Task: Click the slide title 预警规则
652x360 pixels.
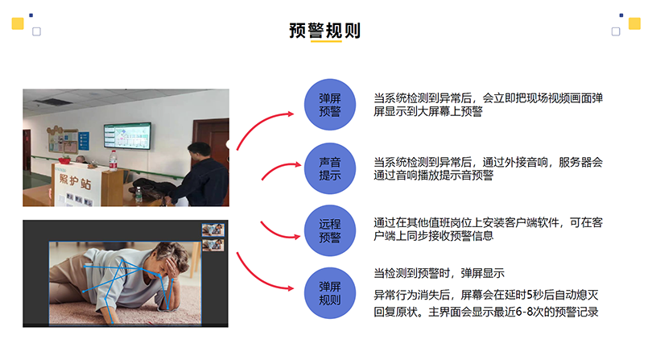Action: [324, 31]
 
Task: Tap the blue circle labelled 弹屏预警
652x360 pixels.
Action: [330, 105]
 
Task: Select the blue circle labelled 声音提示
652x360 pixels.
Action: [330, 168]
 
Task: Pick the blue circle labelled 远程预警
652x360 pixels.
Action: [330, 230]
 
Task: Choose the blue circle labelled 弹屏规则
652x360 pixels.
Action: [330, 293]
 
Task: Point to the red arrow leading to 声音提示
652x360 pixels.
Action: [278, 168]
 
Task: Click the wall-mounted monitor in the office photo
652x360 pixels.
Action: [127, 135]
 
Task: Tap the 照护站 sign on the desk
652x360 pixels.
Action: [75, 181]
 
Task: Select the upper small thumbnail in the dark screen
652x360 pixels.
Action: [213, 230]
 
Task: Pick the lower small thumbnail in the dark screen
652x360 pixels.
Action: [213, 245]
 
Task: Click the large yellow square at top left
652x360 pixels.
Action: [18, 23]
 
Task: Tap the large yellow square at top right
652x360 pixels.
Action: [634, 23]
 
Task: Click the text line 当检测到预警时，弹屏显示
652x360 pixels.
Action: [439, 274]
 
